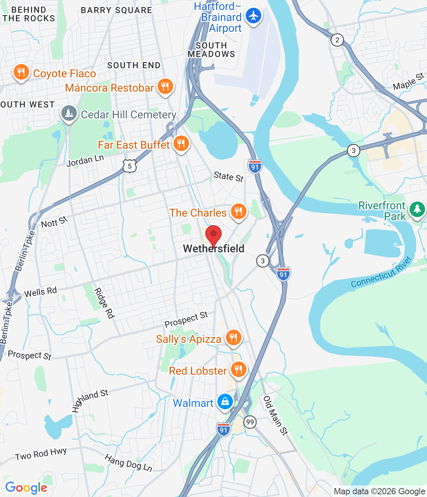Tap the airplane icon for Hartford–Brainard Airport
(x=253, y=16)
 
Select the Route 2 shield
(x=337, y=40)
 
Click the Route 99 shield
(x=250, y=422)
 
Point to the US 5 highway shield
(x=130, y=166)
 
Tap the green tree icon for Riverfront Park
(x=417, y=209)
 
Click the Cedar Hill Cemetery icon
(x=69, y=113)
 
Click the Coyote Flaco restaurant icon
(x=21, y=72)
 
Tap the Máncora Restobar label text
(x=109, y=88)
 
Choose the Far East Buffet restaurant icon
(x=181, y=144)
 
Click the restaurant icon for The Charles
(x=238, y=212)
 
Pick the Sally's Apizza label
(x=189, y=339)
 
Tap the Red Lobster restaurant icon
(x=238, y=370)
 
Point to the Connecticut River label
(x=381, y=273)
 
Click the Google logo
(x=26, y=488)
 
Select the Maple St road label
(x=408, y=82)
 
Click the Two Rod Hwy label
(x=41, y=454)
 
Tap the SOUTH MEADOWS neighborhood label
(x=211, y=50)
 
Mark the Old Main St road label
(x=275, y=415)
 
